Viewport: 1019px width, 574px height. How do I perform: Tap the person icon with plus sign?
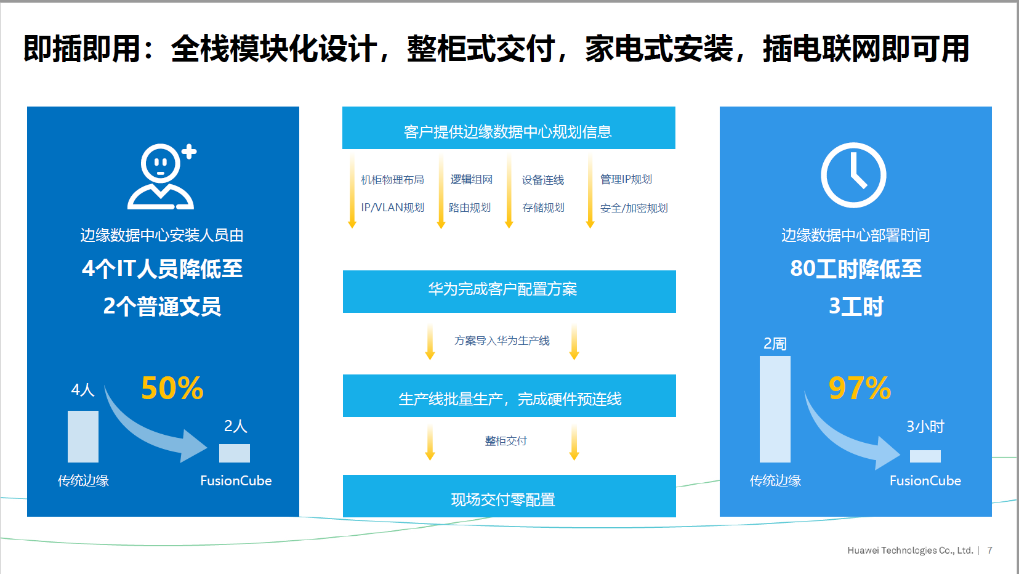click(162, 177)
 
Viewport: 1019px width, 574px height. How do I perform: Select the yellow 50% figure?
click(172, 388)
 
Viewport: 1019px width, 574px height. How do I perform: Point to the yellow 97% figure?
click(860, 388)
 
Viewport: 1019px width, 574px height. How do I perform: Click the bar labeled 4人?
click(83, 437)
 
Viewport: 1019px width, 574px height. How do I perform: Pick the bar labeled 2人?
click(235, 453)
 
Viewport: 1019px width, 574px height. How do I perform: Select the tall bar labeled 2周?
click(775, 409)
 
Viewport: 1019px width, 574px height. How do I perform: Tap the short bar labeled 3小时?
click(925, 456)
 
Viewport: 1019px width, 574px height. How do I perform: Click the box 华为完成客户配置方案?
click(509, 291)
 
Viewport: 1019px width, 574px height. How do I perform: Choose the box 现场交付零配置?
click(509, 496)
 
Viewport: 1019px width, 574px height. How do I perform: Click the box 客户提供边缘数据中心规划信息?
click(509, 128)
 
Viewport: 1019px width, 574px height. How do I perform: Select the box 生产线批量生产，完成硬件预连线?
click(509, 395)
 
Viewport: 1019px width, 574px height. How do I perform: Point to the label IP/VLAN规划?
click(393, 208)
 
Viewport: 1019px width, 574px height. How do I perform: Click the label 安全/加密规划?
click(634, 208)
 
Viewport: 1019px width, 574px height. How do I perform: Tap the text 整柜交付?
click(506, 440)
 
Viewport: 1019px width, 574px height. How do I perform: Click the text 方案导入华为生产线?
click(502, 341)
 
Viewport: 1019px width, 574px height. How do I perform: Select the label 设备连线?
click(542, 180)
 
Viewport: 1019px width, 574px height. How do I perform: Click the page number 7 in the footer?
click(989, 551)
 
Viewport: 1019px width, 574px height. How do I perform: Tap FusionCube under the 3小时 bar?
click(925, 480)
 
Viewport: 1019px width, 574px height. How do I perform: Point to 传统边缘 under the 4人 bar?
click(83, 480)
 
